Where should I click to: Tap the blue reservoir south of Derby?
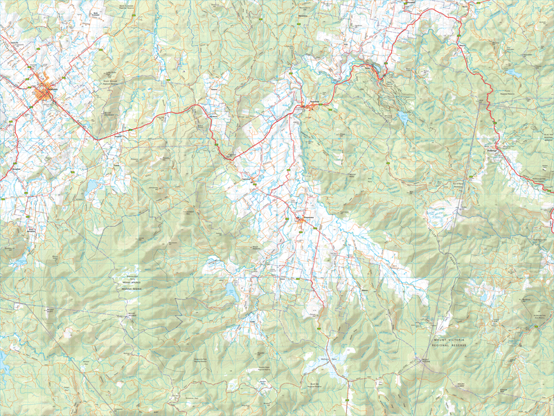(403, 116)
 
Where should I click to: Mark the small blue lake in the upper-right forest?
(512, 72)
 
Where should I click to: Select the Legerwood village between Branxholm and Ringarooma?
(254, 183)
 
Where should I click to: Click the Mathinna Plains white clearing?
(323, 361)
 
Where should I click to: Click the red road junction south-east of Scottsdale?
(97, 139)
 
